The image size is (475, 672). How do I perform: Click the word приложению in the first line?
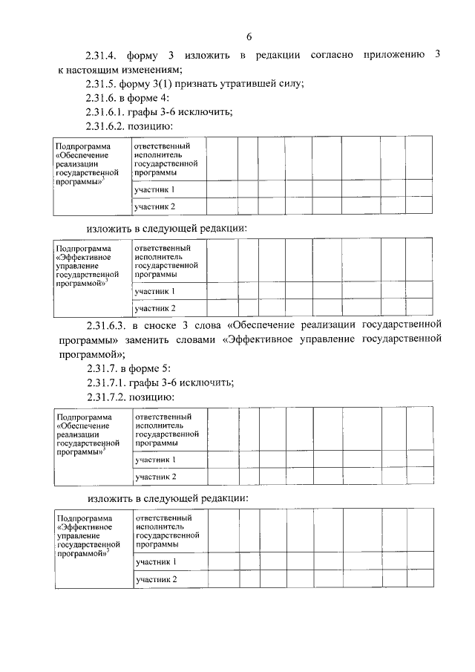click(x=396, y=56)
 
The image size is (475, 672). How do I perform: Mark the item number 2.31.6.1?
click(x=108, y=112)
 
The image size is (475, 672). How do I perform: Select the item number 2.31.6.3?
click(x=108, y=324)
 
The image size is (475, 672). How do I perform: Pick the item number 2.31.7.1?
click(x=109, y=382)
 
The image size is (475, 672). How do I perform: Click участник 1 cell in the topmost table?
click(x=154, y=189)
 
